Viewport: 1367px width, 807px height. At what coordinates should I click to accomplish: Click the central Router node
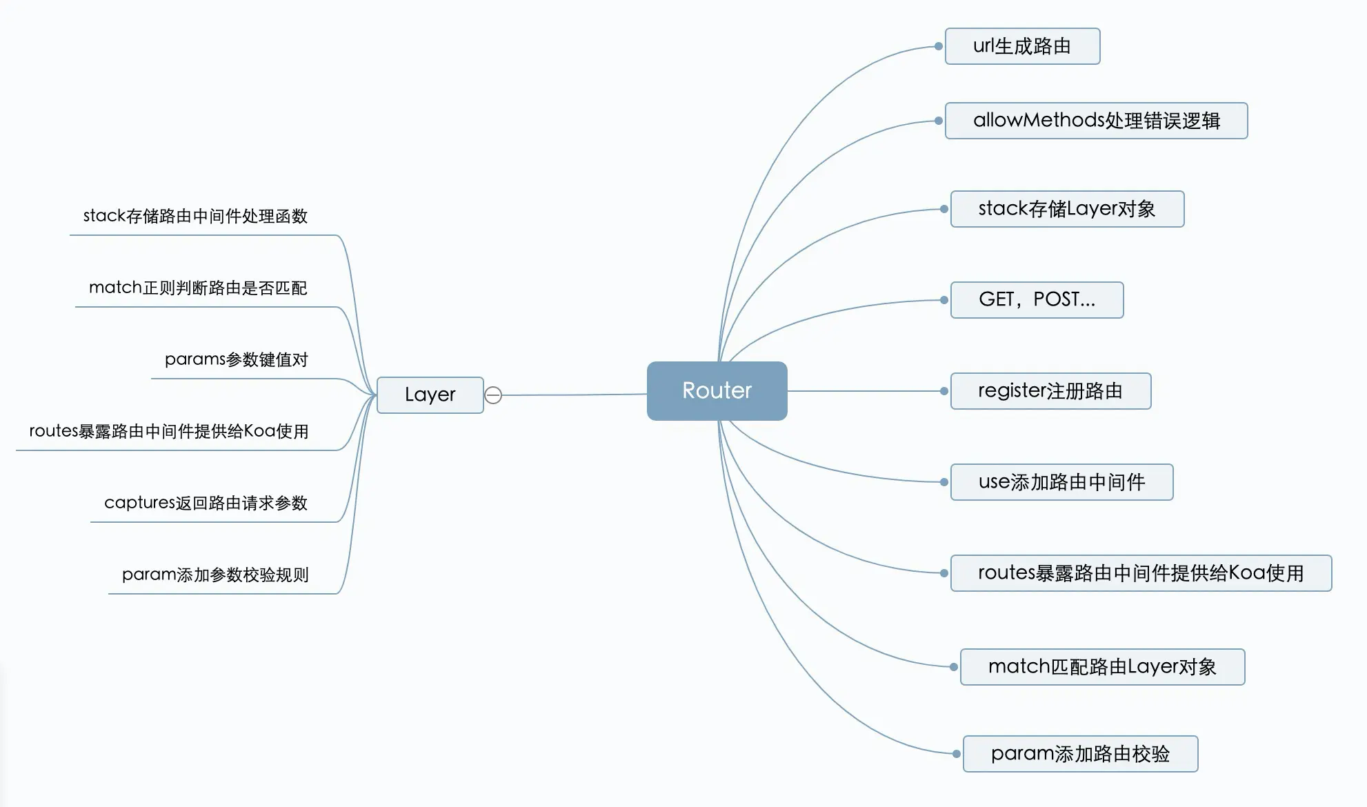(717, 390)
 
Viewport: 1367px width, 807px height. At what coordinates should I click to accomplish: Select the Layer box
(430, 395)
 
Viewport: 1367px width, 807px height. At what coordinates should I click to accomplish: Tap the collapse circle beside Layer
(493, 395)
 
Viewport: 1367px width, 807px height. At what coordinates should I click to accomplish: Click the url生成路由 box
(1022, 46)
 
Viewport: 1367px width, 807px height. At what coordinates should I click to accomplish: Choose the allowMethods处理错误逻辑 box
(1096, 121)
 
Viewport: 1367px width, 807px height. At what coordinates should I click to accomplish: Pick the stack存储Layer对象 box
(1067, 209)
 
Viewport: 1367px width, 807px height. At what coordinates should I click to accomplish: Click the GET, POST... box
(1037, 300)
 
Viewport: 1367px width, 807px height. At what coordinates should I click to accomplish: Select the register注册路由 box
(1050, 391)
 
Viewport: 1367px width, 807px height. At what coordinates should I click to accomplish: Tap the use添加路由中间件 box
(1061, 482)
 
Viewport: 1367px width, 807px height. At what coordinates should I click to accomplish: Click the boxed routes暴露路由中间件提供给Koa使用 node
(1141, 573)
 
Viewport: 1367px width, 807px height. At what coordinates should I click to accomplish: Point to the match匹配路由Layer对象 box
(1102, 667)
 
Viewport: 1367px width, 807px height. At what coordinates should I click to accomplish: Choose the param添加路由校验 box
(1080, 754)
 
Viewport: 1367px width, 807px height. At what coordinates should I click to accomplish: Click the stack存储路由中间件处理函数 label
(195, 217)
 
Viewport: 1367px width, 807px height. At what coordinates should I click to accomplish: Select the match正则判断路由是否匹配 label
(198, 288)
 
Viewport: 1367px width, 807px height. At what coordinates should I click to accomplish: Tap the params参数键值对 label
(236, 360)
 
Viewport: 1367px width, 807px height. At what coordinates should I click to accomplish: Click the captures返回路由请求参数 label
(206, 504)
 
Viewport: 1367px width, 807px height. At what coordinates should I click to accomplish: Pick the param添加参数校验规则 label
(215, 575)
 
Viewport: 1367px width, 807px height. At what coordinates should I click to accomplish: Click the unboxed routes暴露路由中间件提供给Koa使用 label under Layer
(168, 432)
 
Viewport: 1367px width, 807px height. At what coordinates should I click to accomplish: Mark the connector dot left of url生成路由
(939, 46)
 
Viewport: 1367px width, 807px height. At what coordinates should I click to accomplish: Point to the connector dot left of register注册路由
(944, 391)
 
